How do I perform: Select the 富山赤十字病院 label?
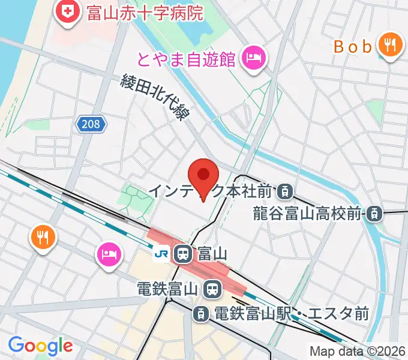tap(145, 12)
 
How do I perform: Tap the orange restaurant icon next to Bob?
tap(390, 45)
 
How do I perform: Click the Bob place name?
tap(353, 46)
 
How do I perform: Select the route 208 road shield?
tap(91, 124)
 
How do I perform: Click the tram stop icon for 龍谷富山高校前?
tap(374, 213)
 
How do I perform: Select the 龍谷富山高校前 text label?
tap(307, 213)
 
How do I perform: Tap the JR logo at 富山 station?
tap(161, 254)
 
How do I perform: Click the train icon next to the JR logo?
tap(183, 254)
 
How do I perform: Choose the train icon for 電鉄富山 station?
tap(211, 289)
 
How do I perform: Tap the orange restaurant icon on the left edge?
tap(41, 237)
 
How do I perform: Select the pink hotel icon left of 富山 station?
tap(109, 253)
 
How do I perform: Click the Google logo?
tap(40, 346)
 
